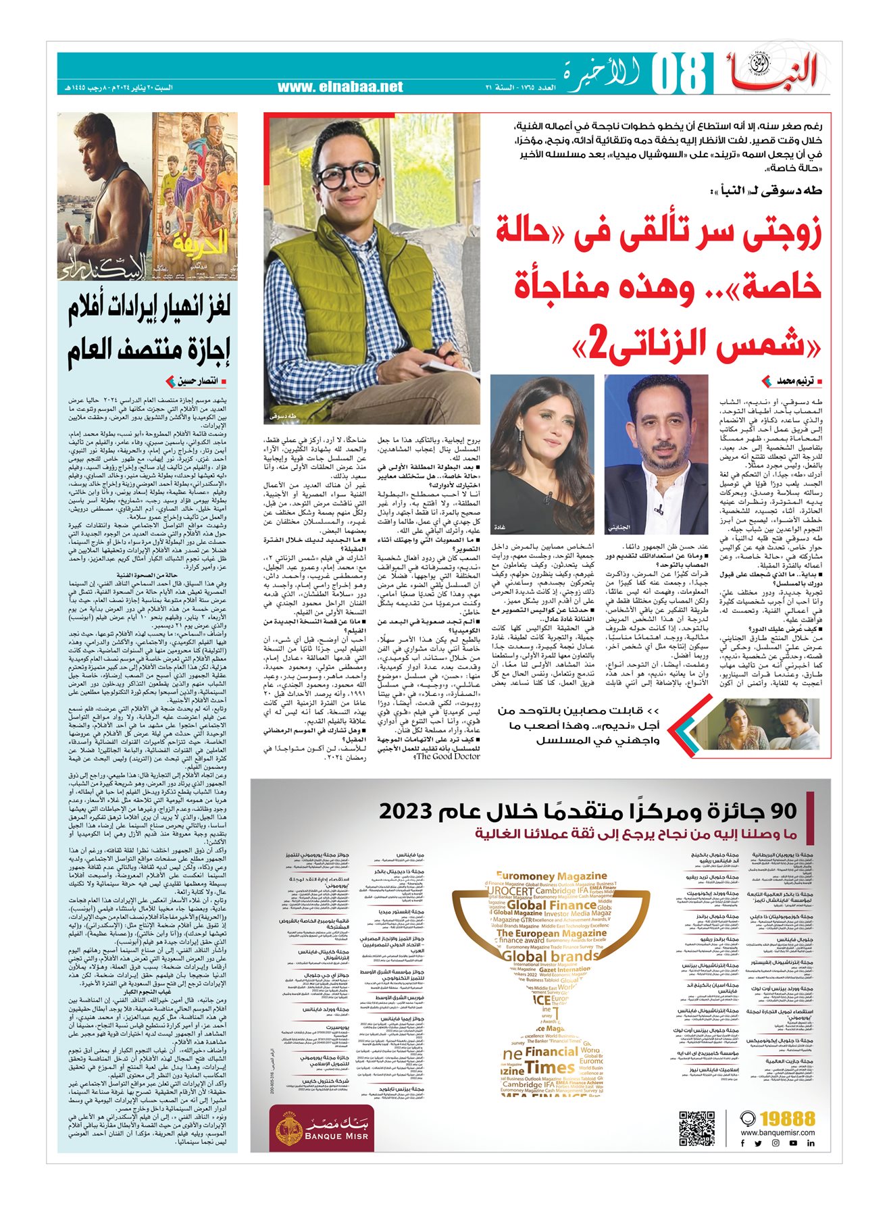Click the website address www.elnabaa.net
(x=340, y=87)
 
